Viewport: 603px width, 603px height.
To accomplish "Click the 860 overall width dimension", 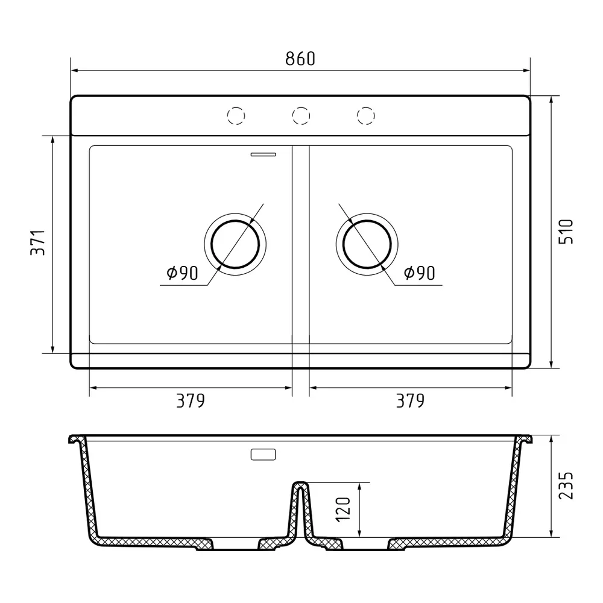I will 300,58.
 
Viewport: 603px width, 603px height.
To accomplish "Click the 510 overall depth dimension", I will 567,231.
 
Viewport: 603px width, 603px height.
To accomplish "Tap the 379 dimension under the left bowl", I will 191,400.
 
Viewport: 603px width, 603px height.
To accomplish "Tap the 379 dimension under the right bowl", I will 410,400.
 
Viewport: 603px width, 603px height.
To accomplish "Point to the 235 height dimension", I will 567,485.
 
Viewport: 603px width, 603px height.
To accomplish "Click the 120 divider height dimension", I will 343,510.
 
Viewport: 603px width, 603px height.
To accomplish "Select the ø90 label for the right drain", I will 419,274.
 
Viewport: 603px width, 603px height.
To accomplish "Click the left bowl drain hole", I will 235,244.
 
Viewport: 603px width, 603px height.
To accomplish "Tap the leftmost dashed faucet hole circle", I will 236,115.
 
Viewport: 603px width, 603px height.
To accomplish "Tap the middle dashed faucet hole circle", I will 301,115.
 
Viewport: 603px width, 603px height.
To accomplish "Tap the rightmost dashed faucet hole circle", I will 365,115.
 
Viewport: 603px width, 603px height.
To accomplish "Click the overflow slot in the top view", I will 264,154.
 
